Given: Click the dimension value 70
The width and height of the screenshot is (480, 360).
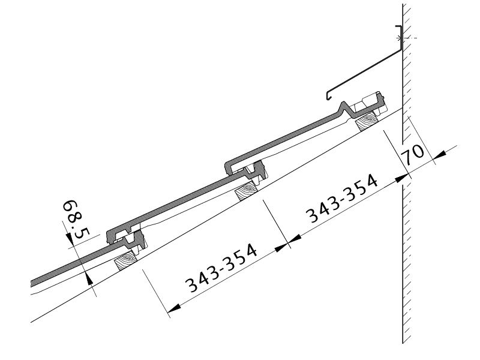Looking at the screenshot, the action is (x=414, y=153).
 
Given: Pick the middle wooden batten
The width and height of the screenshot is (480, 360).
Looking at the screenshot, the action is (x=246, y=191).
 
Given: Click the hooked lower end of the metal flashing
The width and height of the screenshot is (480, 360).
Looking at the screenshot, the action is (x=328, y=96).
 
